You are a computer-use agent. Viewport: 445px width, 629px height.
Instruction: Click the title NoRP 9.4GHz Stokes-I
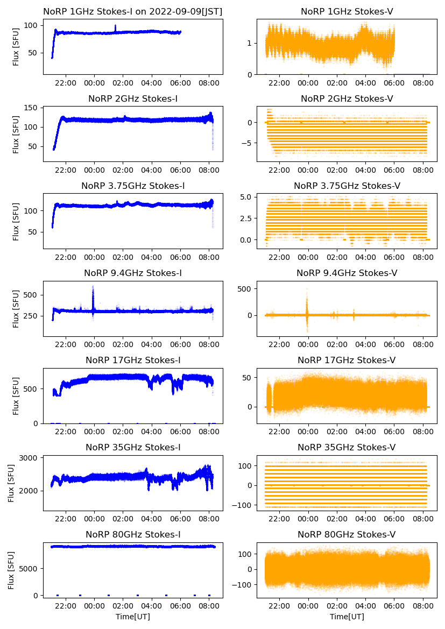pyautogui.click(x=133, y=273)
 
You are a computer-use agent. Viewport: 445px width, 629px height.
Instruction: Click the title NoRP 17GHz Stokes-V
pyautogui.click(x=347, y=361)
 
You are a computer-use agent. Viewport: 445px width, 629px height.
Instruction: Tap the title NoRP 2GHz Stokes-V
pyautogui.click(x=347, y=99)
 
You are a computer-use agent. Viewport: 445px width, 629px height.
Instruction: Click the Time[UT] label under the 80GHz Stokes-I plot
pyautogui.click(x=133, y=617)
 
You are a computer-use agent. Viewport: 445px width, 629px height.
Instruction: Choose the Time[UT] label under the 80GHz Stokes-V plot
pyautogui.click(x=347, y=617)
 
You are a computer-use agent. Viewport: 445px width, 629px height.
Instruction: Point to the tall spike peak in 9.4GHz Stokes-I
pyautogui.click(x=93, y=287)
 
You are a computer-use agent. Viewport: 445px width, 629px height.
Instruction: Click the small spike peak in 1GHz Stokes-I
pyautogui.click(x=115, y=26)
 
